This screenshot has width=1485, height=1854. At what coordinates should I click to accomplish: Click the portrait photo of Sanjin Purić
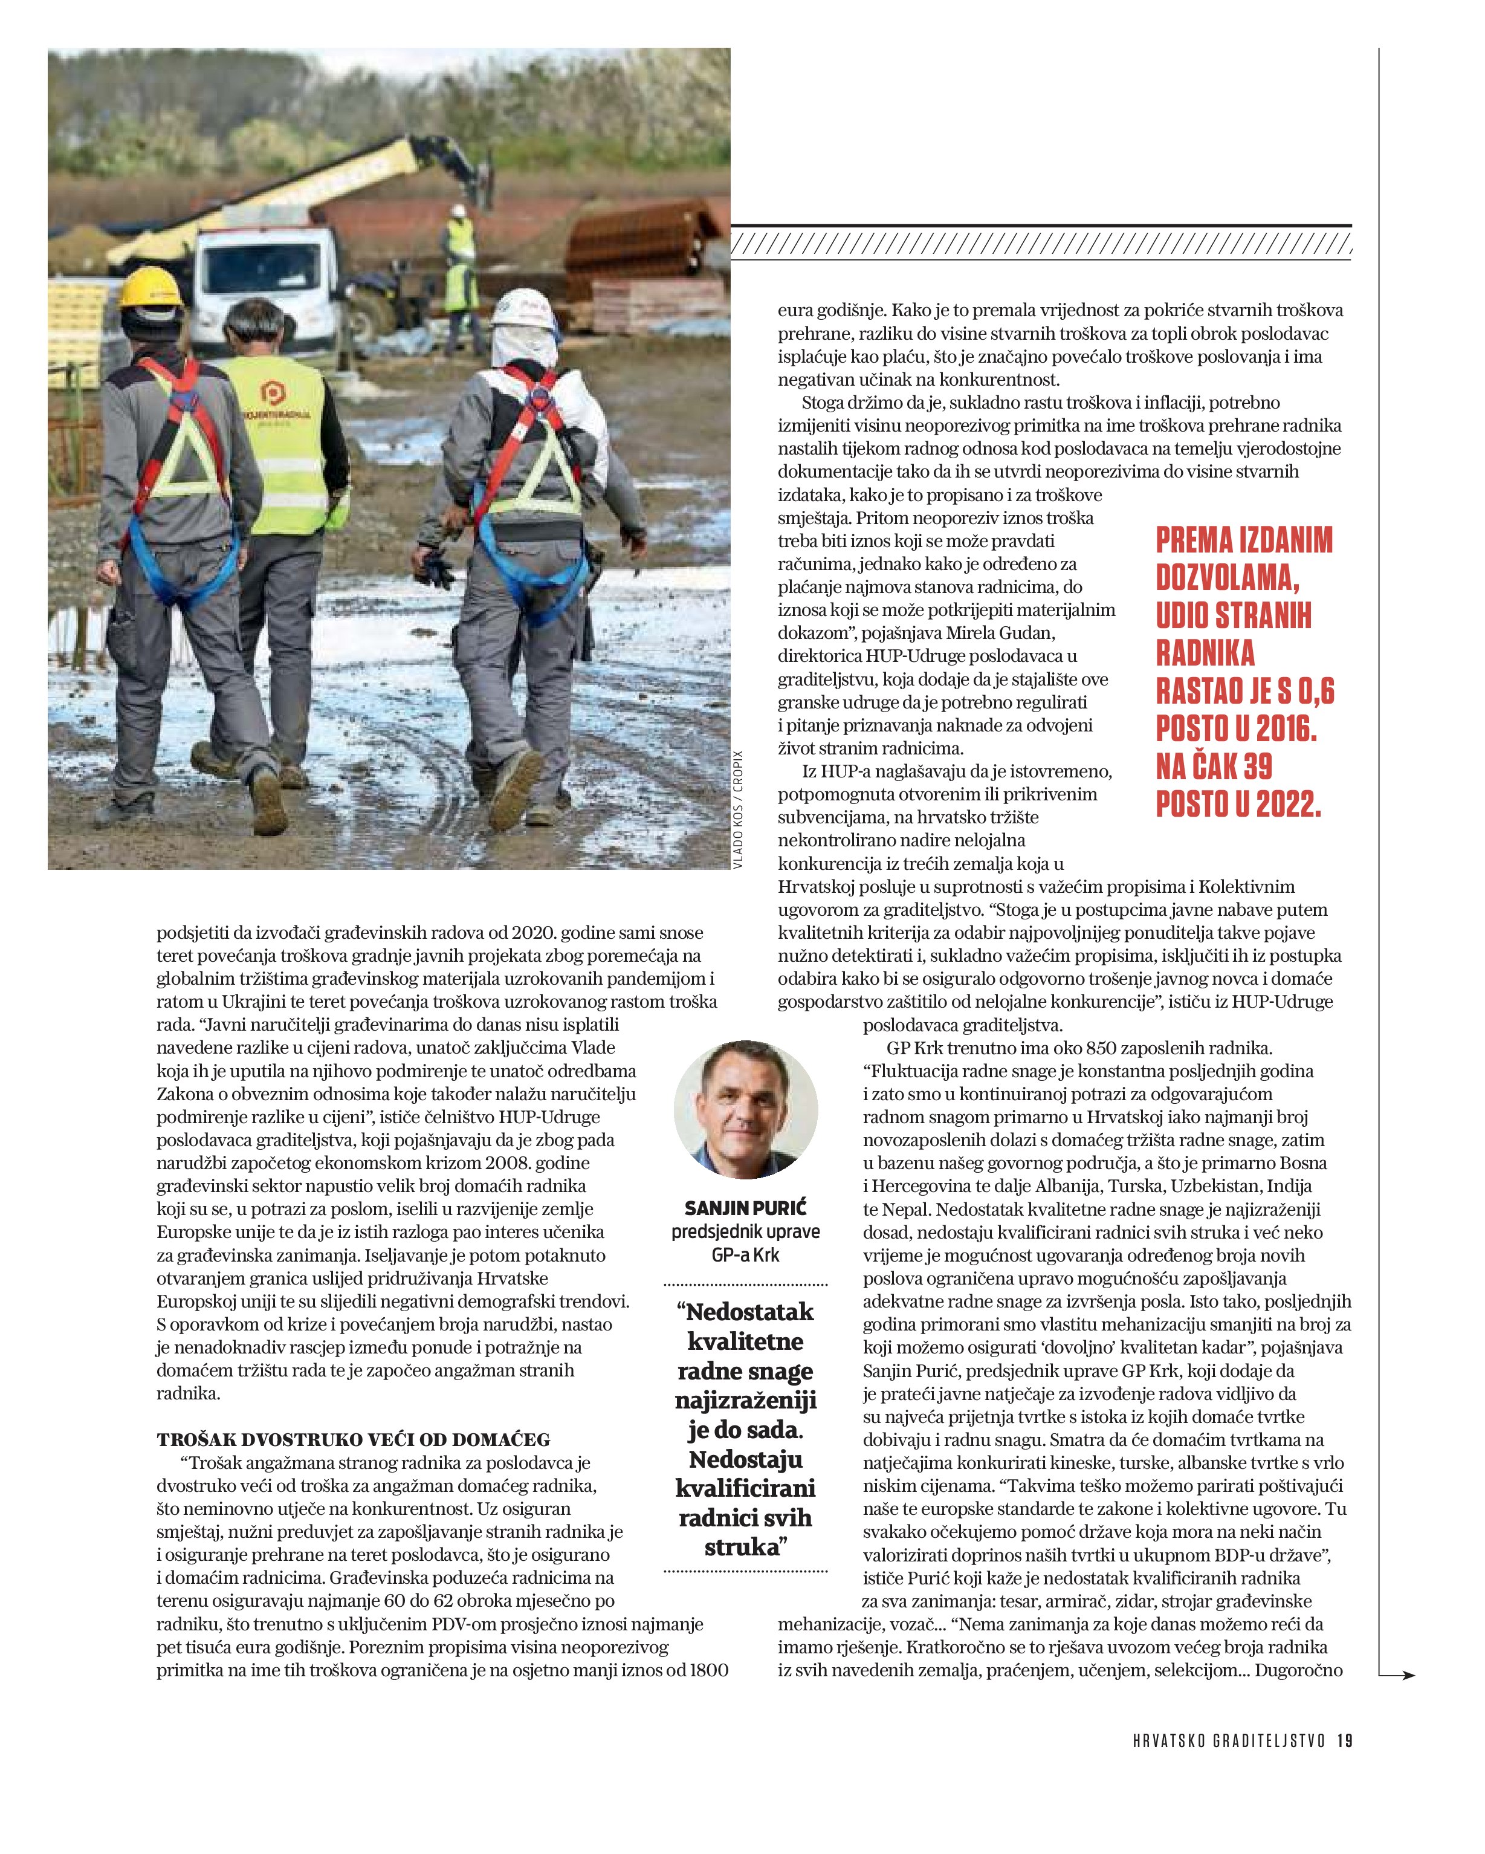click(x=745, y=1109)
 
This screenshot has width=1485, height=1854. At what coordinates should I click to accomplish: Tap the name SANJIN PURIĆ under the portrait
click(x=745, y=1207)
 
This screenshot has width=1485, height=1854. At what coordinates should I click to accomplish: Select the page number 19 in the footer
click(x=1345, y=1740)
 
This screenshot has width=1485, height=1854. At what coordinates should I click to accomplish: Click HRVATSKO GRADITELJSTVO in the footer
click(x=1229, y=1740)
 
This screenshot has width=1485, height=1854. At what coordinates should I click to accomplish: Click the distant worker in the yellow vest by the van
click(x=460, y=258)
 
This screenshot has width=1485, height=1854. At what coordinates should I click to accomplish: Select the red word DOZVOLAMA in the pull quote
click(x=1226, y=578)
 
